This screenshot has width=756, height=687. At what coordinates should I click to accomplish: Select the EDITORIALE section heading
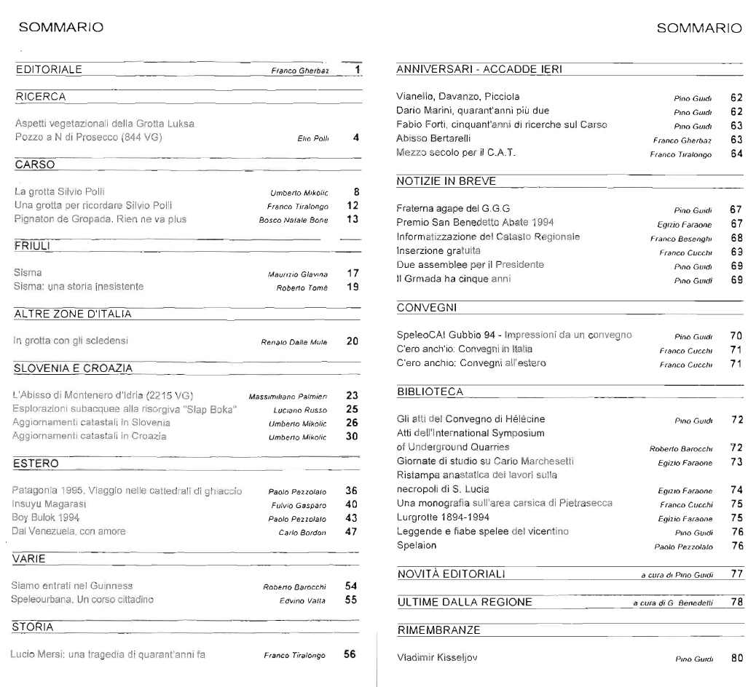[x=49, y=70]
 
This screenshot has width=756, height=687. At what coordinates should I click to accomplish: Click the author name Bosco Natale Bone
[x=294, y=219]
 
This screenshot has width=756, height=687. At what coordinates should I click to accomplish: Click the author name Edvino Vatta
[x=304, y=600]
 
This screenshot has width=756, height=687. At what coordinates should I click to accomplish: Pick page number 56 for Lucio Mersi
[x=350, y=654]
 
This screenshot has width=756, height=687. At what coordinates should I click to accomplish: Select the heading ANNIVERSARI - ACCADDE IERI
[x=480, y=70]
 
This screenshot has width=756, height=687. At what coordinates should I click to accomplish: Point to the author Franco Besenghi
[x=677, y=237]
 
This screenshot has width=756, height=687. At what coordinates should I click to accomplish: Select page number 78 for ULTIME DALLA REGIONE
[x=736, y=602]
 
